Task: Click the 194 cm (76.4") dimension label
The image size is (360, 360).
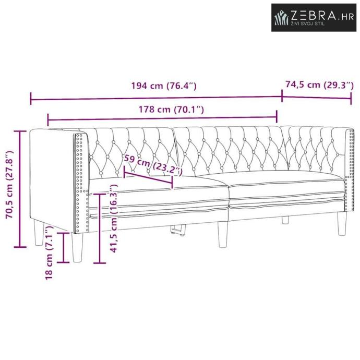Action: [x=164, y=86]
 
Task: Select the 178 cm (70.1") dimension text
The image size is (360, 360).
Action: [x=171, y=110]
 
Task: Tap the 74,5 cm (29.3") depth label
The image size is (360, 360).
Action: [x=319, y=85]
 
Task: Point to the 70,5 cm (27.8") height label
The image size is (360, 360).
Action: [x=10, y=188]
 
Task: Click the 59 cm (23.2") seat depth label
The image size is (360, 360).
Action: [x=153, y=165]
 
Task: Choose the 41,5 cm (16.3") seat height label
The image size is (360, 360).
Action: [x=114, y=218]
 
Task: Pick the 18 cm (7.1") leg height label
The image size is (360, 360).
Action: [x=49, y=253]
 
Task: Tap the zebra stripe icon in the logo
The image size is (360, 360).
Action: [x=281, y=17]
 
